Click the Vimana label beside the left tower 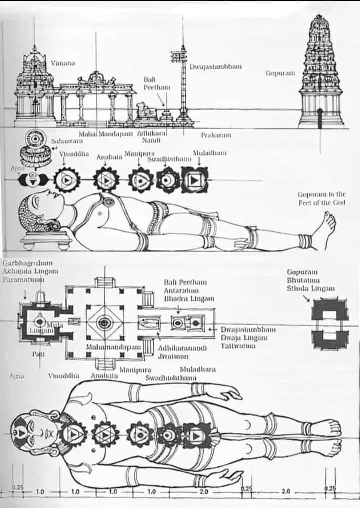63,63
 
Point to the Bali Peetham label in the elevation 157,83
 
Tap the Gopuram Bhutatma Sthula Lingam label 304,280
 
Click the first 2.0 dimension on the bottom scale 203,491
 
